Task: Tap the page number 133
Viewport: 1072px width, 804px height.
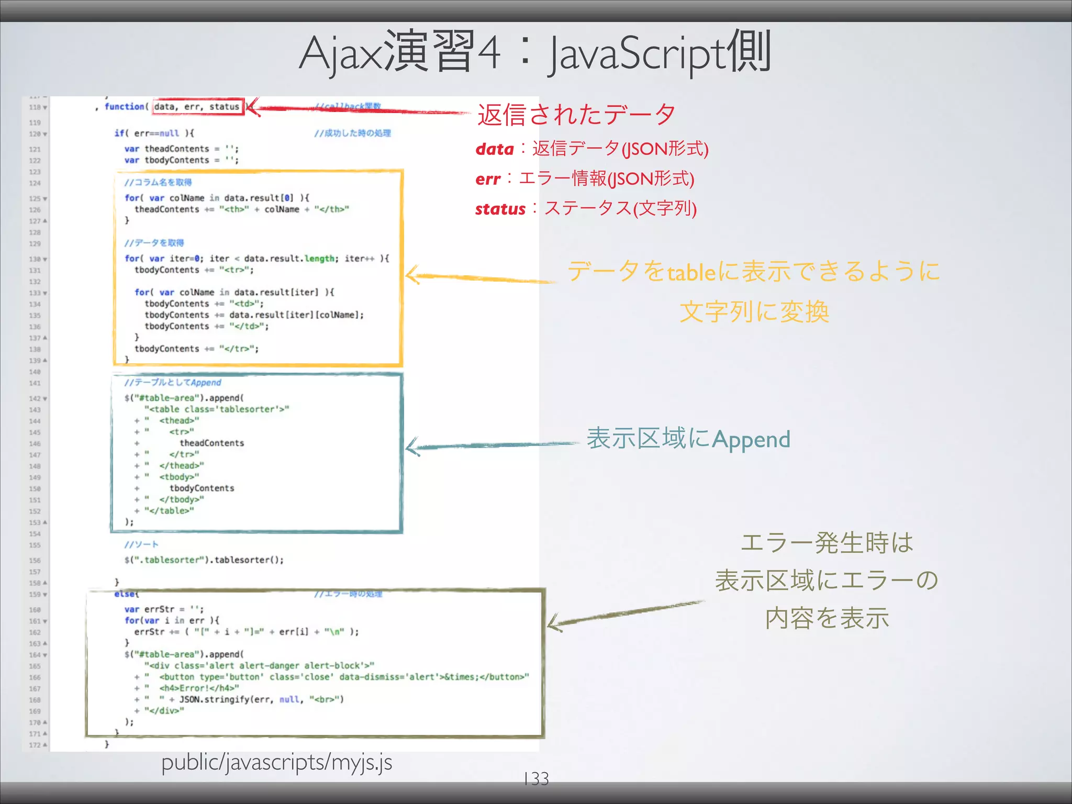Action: pos(536,778)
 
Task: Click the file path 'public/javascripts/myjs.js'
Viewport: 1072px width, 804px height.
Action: pos(276,762)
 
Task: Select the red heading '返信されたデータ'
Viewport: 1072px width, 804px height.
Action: pos(576,115)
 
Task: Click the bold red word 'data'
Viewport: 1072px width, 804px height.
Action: pos(495,149)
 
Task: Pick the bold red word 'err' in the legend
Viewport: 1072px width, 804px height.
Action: pos(488,180)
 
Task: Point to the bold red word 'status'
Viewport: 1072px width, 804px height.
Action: pos(500,209)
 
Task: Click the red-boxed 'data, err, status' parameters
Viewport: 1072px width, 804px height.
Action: pos(197,107)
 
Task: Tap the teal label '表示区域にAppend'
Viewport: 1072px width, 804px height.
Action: pos(688,439)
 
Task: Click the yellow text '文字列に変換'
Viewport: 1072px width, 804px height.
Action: pos(754,312)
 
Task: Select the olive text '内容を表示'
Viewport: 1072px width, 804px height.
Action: pos(827,618)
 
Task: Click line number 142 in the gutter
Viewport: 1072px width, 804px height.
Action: pos(35,398)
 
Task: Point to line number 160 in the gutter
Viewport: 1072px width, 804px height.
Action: pos(35,610)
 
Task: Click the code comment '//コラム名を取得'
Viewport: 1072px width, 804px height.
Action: pos(158,182)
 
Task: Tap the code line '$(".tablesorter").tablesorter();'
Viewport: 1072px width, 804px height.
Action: pos(204,560)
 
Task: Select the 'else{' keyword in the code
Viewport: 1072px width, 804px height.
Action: pos(126,594)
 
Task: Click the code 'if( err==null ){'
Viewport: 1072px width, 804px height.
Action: pos(154,133)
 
